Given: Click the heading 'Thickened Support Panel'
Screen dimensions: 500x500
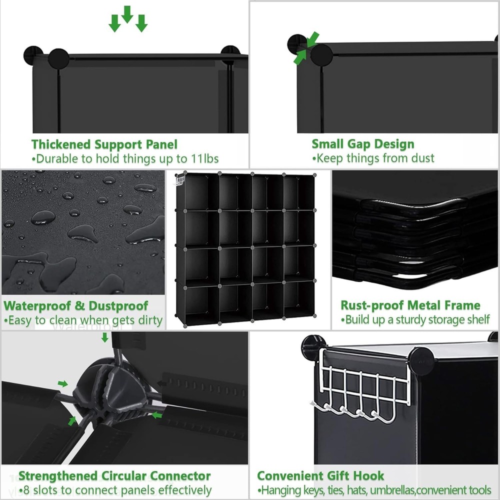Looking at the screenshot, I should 104,144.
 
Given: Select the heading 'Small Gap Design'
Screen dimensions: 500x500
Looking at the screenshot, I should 363,144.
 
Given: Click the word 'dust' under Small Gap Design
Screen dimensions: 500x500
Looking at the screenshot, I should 423,158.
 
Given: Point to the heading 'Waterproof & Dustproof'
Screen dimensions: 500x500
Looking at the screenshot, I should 76,305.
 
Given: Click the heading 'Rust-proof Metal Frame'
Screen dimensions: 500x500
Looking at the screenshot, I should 410,305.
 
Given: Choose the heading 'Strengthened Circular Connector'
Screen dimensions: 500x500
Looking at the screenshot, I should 114,476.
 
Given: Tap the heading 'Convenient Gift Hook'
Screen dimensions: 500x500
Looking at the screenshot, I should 320,475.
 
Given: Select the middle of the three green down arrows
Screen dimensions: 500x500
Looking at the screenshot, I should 127,13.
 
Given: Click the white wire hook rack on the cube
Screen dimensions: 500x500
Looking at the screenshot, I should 362,385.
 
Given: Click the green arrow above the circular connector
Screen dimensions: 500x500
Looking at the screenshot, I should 104,337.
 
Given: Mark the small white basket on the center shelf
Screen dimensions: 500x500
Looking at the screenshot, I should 180,179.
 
